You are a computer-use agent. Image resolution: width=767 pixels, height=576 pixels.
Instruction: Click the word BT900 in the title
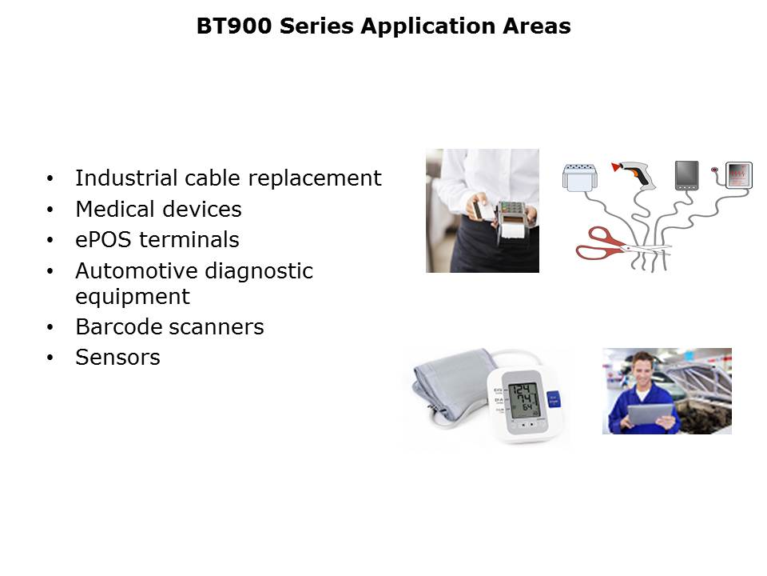(x=234, y=26)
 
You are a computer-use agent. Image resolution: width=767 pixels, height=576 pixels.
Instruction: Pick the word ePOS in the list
(x=103, y=240)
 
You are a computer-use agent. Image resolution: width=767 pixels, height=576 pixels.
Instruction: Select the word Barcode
(x=114, y=326)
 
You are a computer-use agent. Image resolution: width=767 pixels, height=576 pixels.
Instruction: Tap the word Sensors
(x=118, y=358)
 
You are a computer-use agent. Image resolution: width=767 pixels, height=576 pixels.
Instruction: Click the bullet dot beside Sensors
(x=50, y=358)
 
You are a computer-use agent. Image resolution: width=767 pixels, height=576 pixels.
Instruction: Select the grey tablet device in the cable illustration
(x=687, y=175)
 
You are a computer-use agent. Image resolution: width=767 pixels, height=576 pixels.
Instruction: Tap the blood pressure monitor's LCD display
(x=524, y=400)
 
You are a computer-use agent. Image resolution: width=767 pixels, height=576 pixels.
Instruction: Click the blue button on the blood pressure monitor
(x=553, y=400)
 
